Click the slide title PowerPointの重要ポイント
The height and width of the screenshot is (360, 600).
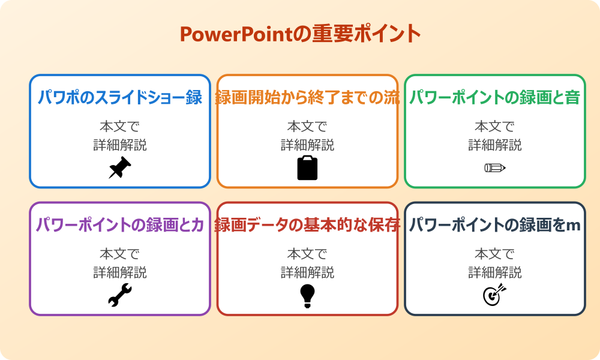click(x=300, y=34)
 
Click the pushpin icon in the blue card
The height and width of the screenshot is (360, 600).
click(x=120, y=168)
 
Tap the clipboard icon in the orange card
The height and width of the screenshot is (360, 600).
click(x=307, y=168)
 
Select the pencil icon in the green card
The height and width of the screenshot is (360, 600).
click(x=495, y=167)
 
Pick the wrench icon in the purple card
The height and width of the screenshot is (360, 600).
click(x=120, y=295)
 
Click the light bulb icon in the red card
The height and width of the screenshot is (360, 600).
click(x=307, y=296)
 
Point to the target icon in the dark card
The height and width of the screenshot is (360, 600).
click(x=495, y=295)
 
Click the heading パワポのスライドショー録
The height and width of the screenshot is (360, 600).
click(x=120, y=97)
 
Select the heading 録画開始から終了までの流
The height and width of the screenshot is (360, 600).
click(x=307, y=97)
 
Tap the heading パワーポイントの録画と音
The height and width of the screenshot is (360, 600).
click(x=495, y=97)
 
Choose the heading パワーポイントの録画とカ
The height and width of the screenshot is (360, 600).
click(x=120, y=225)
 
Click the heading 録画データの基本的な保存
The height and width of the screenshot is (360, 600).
click(x=307, y=225)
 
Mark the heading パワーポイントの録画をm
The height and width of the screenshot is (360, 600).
click(x=495, y=225)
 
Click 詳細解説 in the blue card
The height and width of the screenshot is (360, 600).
click(x=120, y=145)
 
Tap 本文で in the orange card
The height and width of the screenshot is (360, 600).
click(x=307, y=127)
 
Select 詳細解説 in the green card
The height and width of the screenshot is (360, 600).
click(x=495, y=145)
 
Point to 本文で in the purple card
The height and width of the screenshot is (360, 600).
click(x=120, y=254)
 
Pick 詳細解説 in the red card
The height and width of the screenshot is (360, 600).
click(x=307, y=272)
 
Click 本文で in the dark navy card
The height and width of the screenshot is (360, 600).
click(x=495, y=254)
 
